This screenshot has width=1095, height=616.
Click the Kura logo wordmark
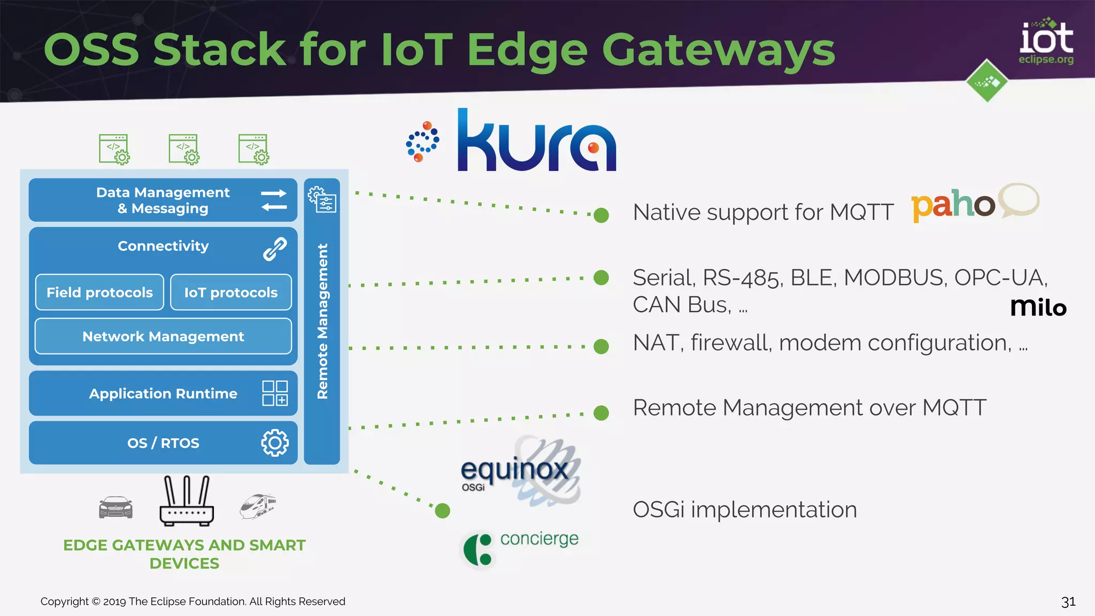(536, 142)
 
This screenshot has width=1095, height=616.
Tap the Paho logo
(975, 203)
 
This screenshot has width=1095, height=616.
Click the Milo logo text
(1038, 307)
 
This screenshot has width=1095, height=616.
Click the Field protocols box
(99, 292)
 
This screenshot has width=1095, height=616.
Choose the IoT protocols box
(231, 292)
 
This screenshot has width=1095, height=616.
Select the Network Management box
(163, 336)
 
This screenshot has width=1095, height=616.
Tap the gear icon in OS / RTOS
(275, 443)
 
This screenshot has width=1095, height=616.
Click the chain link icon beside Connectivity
(275, 249)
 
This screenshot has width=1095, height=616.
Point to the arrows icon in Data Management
(274, 200)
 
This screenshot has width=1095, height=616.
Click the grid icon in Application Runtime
(275, 393)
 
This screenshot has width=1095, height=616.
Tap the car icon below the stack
(115, 507)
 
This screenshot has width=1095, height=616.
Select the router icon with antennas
(187, 501)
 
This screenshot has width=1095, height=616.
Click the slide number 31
(1068, 602)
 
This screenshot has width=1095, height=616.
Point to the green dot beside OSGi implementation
(443, 511)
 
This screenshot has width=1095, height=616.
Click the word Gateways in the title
(718, 50)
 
